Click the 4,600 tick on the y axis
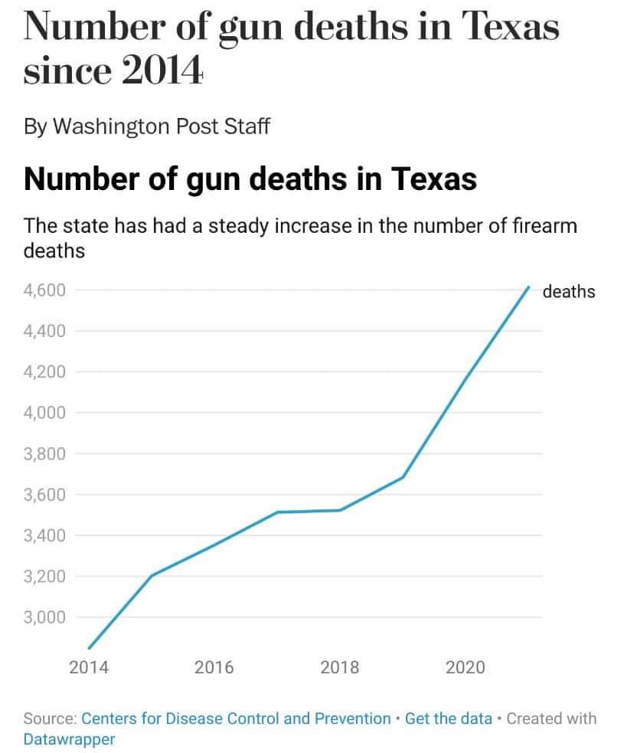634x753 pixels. coord(44,290)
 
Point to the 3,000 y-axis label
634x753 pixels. coord(44,617)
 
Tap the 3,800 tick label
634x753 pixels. coord(44,453)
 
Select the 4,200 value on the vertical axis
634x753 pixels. coord(44,372)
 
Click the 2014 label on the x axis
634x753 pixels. coord(89,667)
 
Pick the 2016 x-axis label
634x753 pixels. coord(214,667)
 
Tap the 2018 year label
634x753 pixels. coord(340,667)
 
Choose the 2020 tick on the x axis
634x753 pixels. coord(465,667)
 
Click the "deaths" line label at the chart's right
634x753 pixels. coord(569,292)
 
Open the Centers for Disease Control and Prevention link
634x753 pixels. coord(236,719)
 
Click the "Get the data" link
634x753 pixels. coord(449,719)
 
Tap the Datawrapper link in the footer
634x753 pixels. coord(69,739)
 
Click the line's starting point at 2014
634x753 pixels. coord(90,648)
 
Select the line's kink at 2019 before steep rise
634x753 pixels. coord(403,477)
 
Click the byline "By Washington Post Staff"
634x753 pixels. coord(147,127)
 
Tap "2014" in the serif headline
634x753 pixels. coord(162,70)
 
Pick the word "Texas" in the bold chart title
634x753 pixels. coord(434,179)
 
